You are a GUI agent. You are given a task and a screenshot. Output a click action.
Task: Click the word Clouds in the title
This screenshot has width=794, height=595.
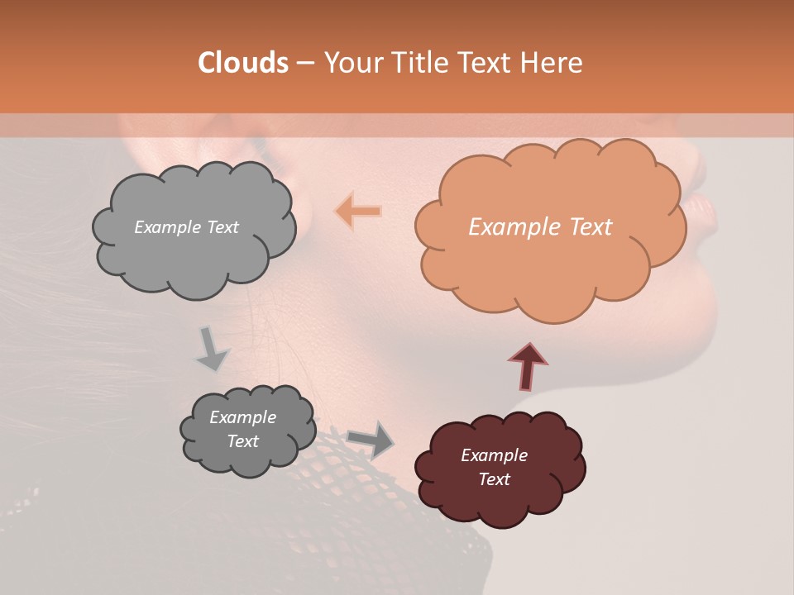point(243,63)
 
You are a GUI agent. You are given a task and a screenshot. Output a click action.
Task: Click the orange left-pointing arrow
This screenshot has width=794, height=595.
point(358,212)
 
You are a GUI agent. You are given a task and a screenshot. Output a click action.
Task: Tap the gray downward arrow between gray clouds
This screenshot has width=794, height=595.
point(212,348)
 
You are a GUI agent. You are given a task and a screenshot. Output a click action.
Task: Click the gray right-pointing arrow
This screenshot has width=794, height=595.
point(371,440)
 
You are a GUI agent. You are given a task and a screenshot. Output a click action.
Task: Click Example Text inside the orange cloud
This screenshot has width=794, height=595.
point(540,227)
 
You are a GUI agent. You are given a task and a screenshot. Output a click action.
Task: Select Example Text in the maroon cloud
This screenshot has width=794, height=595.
point(494,467)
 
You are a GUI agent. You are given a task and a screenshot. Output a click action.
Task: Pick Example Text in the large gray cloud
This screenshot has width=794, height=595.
point(186,227)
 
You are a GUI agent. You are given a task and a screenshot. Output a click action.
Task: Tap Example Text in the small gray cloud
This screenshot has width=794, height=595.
point(242,429)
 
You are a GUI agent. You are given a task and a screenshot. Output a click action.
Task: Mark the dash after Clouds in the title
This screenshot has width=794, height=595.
point(305,63)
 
